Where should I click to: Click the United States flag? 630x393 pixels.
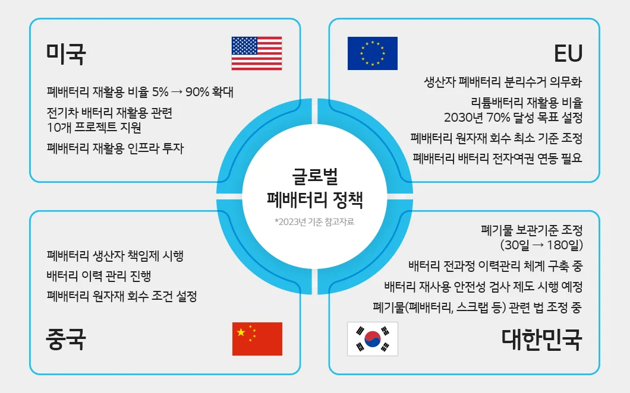point(257,53)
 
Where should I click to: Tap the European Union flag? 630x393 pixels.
point(373,53)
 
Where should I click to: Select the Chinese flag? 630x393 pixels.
point(257,339)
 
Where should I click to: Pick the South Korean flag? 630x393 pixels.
point(373,339)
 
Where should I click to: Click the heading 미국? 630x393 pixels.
point(66,54)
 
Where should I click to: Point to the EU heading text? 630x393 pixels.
point(568,53)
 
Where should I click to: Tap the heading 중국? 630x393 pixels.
point(66,339)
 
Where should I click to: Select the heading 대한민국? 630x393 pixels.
point(542,340)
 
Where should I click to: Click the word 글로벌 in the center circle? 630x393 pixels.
point(315,176)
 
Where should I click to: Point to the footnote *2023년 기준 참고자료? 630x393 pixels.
point(314,221)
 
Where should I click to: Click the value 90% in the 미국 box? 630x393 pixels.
point(197,92)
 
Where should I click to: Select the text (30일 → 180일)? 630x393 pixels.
point(541,245)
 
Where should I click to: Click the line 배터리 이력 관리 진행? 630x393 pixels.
point(99,276)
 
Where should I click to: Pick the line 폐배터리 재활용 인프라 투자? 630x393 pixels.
point(115,148)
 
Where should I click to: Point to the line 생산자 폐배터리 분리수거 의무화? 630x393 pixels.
point(503,82)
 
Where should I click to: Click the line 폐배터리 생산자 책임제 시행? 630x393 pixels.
point(115,255)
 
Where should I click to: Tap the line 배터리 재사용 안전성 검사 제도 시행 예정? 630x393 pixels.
point(483,287)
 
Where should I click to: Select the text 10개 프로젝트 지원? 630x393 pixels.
point(94,128)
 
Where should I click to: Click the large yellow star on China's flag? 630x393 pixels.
point(241,332)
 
